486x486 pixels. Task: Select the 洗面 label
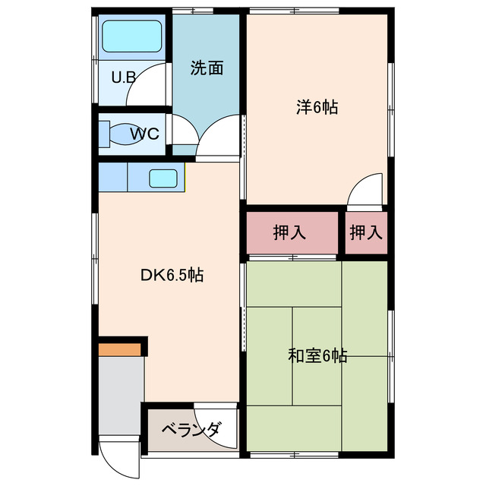point(207,68)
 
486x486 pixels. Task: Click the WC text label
point(144,134)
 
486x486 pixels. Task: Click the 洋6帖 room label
point(317,107)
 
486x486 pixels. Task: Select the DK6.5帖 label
point(172,276)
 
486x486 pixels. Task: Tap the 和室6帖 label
point(317,355)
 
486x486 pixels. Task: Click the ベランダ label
point(190,431)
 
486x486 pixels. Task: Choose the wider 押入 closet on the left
point(290,233)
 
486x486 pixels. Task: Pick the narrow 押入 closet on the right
point(367,233)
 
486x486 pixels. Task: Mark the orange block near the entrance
point(119,349)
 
